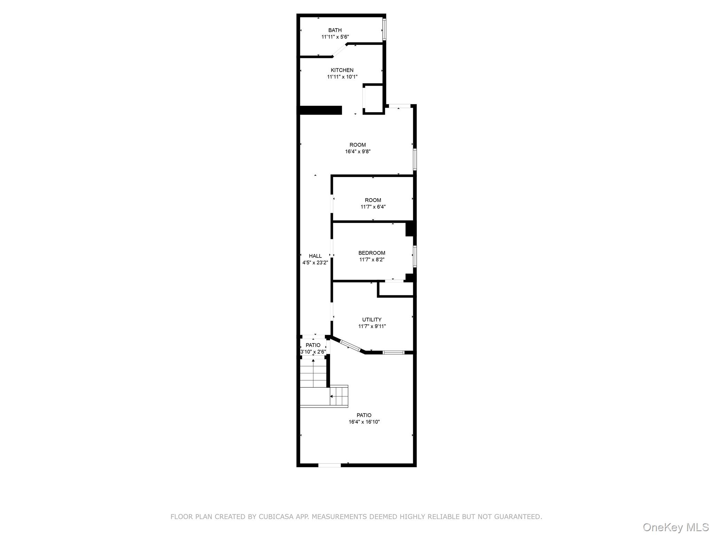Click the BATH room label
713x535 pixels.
pyautogui.click(x=335, y=30)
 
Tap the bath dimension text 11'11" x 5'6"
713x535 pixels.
pyautogui.click(x=335, y=37)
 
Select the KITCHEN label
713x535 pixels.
pyautogui.click(x=342, y=70)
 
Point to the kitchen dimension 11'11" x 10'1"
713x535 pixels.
pyautogui.click(x=342, y=77)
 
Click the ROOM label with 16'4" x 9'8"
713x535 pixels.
pyautogui.click(x=358, y=145)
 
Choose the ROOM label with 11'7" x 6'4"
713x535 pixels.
pyautogui.click(x=373, y=200)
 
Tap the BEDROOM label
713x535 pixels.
pyautogui.click(x=372, y=253)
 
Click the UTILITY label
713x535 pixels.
pyautogui.click(x=372, y=319)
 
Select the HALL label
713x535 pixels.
pyautogui.click(x=315, y=256)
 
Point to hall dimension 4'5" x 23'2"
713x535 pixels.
pyautogui.click(x=315, y=263)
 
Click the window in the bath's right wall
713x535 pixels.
pyautogui.click(x=384, y=29)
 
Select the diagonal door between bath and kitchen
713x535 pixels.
pyautogui.click(x=340, y=50)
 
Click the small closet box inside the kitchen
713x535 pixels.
pyautogui.click(x=373, y=99)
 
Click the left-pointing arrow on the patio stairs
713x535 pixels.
pyautogui.click(x=331, y=396)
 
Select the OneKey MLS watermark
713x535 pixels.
pyautogui.click(x=675, y=527)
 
